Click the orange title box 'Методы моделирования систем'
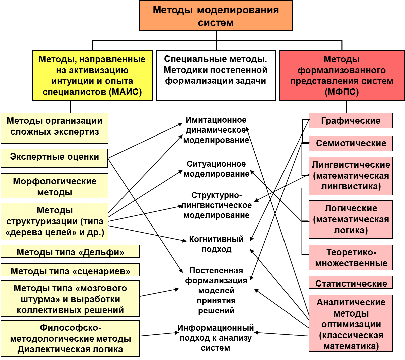(x=216, y=16)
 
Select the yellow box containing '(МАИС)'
(x=92, y=76)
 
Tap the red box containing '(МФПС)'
(x=342, y=76)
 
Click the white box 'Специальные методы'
(x=216, y=76)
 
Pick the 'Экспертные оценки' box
(x=54, y=158)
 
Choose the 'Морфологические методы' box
(x=55, y=186)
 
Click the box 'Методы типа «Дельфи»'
(x=70, y=251)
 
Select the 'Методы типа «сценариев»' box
(x=70, y=270)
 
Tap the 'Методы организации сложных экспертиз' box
(x=55, y=128)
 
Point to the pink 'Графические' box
(x=351, y=120)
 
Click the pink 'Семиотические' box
(x=351, y=143)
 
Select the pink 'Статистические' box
(x=351, y=282)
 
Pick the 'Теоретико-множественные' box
(x=351, y=258)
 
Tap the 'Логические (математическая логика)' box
(x=351, y=219)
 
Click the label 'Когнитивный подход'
(x=216, y=244)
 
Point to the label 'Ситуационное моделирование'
(x=216, y=169)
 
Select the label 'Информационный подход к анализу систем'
(x=216, y=338)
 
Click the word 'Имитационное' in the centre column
(x=216, y=120)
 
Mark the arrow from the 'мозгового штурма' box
(x=159, y=292)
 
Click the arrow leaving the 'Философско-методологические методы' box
(x=159, y=334)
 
